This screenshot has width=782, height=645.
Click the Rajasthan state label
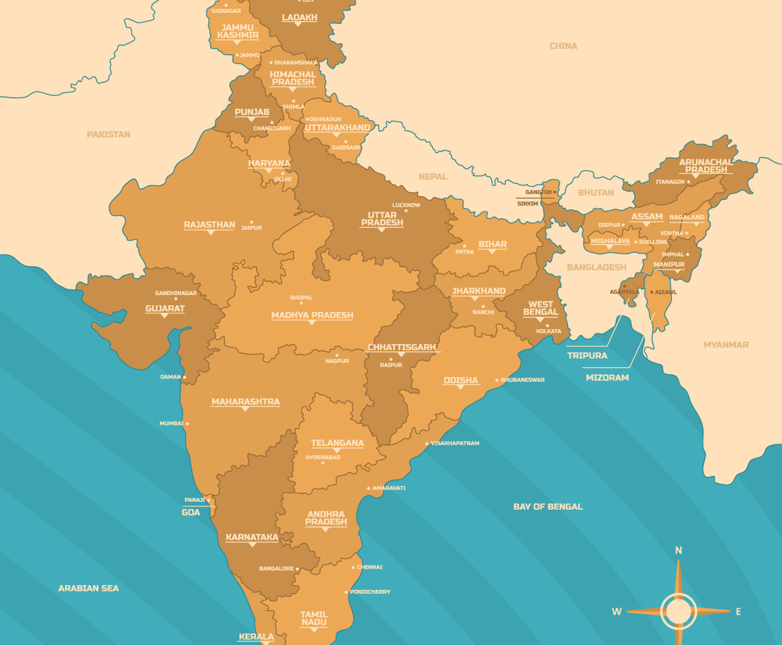tap(209, 225)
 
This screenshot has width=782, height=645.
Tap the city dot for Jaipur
tap(252, 222)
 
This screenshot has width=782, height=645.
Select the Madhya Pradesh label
tap(312, 315)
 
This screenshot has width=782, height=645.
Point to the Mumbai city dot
tap(187, 424)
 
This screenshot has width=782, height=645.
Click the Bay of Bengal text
tap(548, 506)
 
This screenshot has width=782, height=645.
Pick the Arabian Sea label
tap(88, 588)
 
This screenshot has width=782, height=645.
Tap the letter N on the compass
tap(678, 551)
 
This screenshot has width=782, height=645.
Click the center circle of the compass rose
tap(679, 611)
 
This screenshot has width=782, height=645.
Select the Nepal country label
tap(433, 176)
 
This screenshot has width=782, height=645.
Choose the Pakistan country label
tap(108, 134)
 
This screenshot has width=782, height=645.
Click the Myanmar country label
tap(726, 345)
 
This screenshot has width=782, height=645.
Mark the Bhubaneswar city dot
tap(497, 380)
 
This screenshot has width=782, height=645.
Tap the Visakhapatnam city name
tap(455, 443)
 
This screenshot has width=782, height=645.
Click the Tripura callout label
tap(587, 356)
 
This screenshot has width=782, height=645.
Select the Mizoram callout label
tap(607, 378)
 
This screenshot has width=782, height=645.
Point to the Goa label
tap(191, 512)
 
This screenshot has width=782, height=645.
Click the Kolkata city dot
tap(547, 325)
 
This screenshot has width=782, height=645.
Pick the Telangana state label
tap(337, 443)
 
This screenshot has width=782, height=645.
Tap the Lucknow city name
tap(406, 205)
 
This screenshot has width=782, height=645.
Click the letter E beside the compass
tap(739, 611)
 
